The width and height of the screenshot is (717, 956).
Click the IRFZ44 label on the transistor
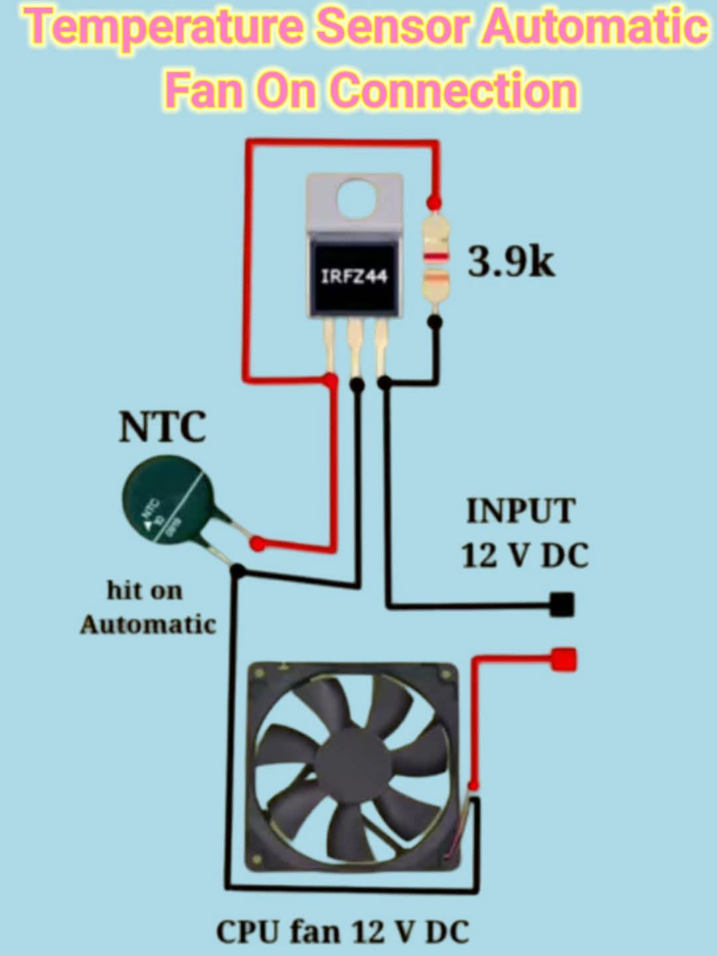(x=354, y=276)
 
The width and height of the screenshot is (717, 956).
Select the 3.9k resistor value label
(x=511, y=262)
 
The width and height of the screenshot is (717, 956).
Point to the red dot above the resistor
(x=434, y=200)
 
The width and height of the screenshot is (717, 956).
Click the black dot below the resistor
(x=435, y=322)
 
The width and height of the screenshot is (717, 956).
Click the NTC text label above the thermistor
(x=163, y=427)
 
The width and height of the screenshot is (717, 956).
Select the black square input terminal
(x=562, y=604)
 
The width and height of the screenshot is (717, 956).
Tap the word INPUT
(x=520, y=511)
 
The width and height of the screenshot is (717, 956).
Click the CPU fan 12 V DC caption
(x=343, y=931)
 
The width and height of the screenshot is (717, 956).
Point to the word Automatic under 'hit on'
(x=148, y=625)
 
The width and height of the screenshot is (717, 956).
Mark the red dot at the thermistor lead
(x=257, y=544)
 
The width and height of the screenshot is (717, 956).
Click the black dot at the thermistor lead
(x=238, y=570)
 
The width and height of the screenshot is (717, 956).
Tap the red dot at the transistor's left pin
(x=329, y=380)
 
